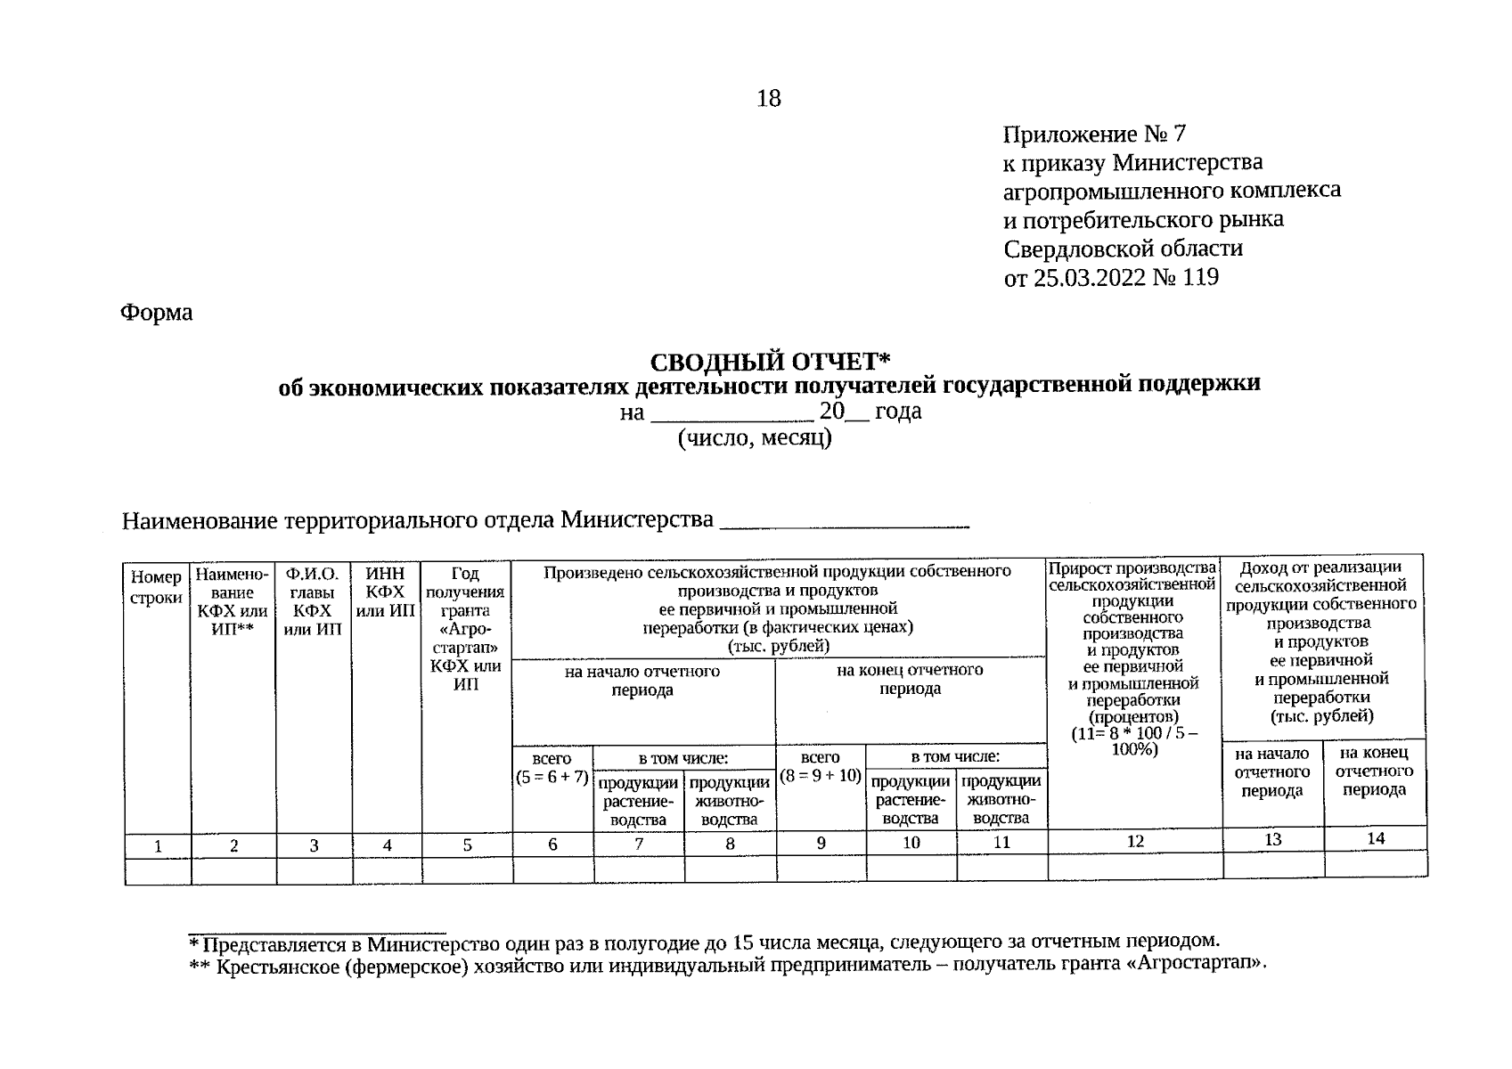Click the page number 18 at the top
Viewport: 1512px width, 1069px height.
(x=768, y=98)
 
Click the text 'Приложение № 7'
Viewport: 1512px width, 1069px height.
(x=1094, y=135)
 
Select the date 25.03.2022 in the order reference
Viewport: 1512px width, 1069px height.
(x=1088, y=278)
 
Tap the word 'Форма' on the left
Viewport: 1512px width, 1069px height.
(x=157, y=313)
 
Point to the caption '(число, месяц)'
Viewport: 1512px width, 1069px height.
(x=755, y=438)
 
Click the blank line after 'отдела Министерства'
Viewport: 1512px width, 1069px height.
(x=844, y=521)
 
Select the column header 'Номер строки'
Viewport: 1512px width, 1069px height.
(x=157, y=588)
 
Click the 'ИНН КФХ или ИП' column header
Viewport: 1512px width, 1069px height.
(x=386, y=592)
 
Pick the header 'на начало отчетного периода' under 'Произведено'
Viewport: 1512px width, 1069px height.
(x=642, y=681)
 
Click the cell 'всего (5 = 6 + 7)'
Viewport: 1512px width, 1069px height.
(x=552, y=768)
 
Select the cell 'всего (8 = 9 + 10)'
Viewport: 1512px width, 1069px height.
(x=821, y=767)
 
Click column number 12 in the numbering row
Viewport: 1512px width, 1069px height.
(x=1135, y=841)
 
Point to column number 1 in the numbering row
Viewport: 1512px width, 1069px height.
(x=158, y=846)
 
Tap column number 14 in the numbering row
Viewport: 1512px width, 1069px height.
(x=1376, y=838)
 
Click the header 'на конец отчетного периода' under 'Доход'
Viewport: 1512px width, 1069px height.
(x=1374, y=771)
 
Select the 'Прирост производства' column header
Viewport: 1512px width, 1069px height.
(x=1133, y=659)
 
